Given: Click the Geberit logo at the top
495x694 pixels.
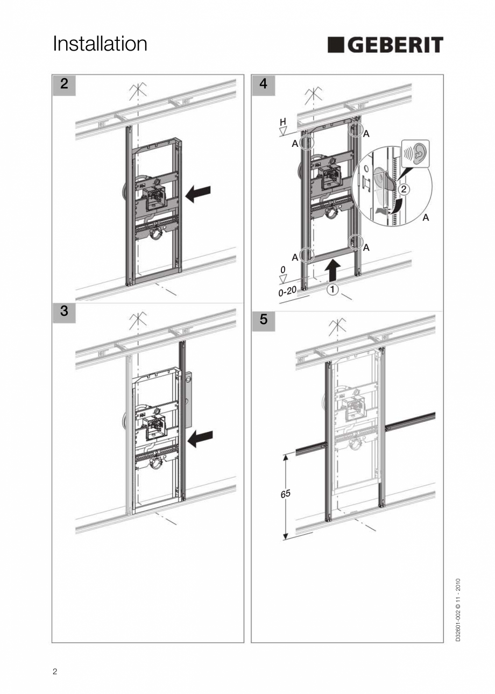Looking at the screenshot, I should [x=385, y=45].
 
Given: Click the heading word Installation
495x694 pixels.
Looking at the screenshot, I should [x=100, y=44].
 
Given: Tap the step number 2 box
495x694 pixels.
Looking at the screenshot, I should [x=64, y=84].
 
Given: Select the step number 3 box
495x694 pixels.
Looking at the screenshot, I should [x=64, y=311].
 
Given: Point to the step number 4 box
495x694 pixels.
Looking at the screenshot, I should [x=263, y=84].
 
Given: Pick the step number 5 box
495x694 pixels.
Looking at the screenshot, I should [x=263, y=320].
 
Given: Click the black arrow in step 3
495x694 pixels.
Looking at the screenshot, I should [x=200, y=438].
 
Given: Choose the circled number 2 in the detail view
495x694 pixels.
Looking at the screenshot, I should [x=405, y=189].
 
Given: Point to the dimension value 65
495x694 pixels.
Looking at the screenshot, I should [x=285, y=493].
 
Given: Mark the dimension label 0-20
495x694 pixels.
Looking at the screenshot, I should [x=287, y=292].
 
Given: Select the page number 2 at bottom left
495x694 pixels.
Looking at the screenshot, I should [x=55, y=671].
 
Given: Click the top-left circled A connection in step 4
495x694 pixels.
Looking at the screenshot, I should [x=306, y=143].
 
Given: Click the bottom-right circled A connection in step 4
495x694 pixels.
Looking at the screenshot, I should [x=355, y=242].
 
